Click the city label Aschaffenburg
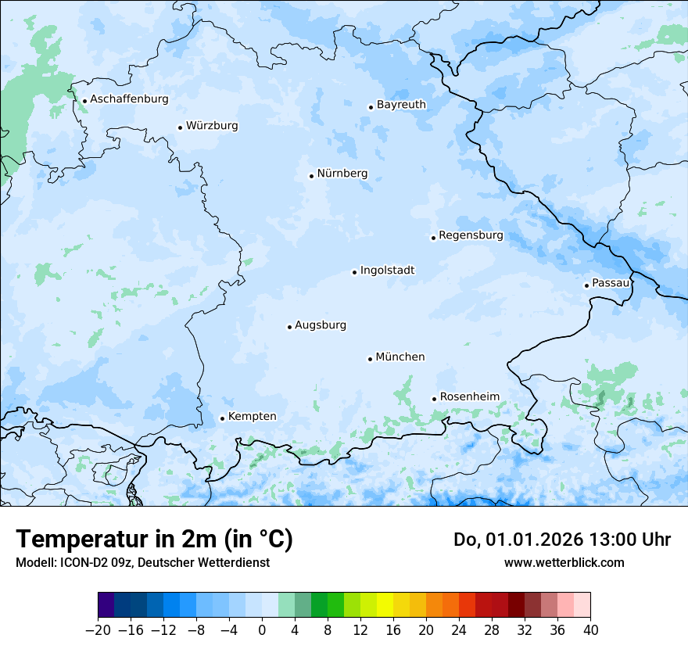[x=129, y=99]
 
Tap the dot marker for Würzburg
[x=180, y=127]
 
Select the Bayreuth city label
[x=401, y=104]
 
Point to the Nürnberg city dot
[x=311, y=176]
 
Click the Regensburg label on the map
[x=471, y=235]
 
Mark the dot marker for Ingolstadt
[x=354, y=272]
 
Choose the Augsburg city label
[x=321, y=324]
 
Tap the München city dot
[x=370, y=359]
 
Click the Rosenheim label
[x=469, y=396]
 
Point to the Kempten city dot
[x=222, y=418]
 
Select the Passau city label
[x=611, y=282]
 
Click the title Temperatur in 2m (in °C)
[x=154, y=539]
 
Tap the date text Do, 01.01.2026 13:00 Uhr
[x=561, y=540]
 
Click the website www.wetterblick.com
[x=564, y=562]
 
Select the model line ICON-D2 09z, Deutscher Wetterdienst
[x=142, y=562]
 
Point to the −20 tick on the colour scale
[x=99, y=629]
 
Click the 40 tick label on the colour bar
[x=590, y=629]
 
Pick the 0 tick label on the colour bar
[x=262, y=629]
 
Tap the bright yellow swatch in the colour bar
[x=385, y=605]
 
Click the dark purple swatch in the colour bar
[x=106, y=605]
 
